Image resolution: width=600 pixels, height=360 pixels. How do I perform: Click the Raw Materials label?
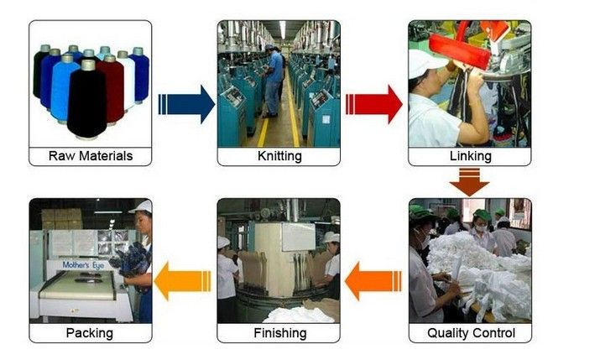91,156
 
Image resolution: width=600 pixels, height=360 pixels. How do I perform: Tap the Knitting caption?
279,156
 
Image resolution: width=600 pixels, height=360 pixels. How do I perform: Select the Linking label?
470,156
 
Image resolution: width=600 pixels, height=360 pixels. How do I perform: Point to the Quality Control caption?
470,333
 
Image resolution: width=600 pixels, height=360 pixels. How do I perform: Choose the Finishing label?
279,333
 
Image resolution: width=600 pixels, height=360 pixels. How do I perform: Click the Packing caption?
91,333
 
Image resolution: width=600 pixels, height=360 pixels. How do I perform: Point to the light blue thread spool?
64,88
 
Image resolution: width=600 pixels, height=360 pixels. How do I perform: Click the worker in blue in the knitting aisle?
274,80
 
